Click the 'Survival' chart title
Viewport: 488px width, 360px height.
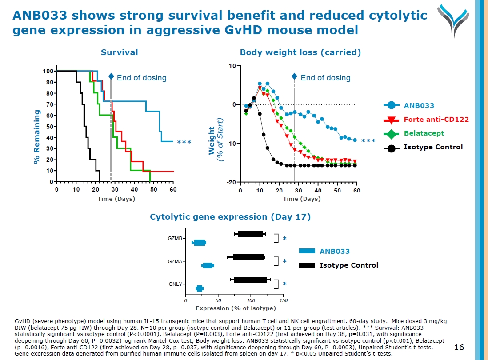119,52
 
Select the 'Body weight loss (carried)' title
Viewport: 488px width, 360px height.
300,52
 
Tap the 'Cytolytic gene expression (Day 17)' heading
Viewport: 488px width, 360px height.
230,217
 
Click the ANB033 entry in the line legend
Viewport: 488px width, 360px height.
419,106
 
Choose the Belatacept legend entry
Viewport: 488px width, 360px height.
424,133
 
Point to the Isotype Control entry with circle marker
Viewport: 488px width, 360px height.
433,148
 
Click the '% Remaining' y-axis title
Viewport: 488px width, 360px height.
37,137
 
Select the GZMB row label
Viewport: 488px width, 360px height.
175,239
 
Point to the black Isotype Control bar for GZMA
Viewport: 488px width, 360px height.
248,257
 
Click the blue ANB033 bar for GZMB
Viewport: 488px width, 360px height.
200,243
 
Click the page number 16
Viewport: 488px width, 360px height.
459,347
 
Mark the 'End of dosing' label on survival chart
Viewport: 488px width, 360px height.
141,78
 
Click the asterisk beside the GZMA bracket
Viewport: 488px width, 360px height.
284,261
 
